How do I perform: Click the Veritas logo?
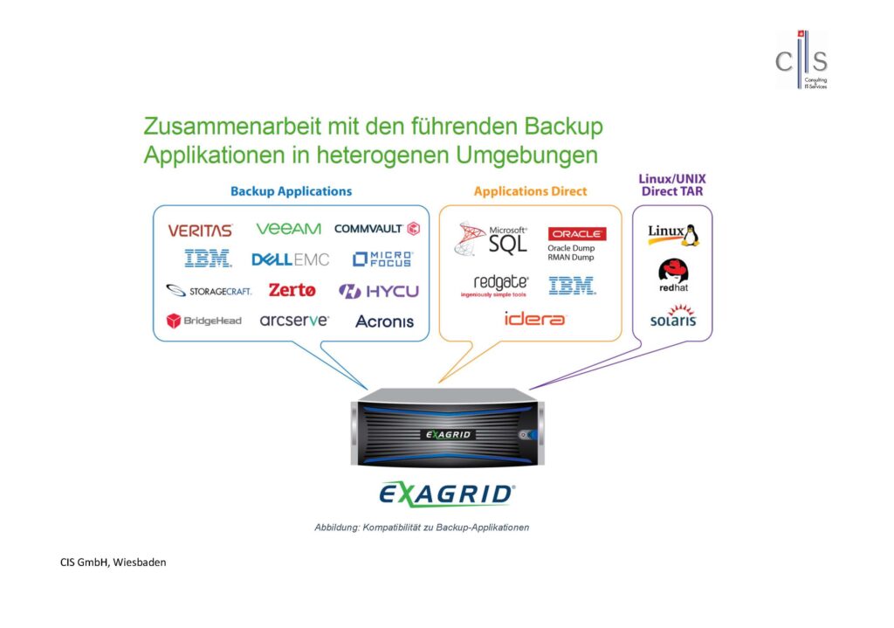coord(200,231)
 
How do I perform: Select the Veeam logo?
coord(288,229)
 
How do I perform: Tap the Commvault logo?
coord(377,229)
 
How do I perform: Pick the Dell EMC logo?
coord(291,259)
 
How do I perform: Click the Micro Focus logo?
coord(382,259)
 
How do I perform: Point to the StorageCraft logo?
coord(209,291)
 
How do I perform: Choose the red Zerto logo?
coord(292,290)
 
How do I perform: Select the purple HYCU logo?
coord(379,291)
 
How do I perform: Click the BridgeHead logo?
coord(203,321)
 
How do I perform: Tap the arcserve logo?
coord(294,321)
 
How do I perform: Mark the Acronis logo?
coord(384,321)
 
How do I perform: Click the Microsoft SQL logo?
coord(492,238)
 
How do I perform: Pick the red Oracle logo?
coord(576,234)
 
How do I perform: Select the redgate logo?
coord(500,283)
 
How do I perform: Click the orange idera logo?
coord(535,319)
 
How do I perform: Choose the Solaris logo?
coord(673,316)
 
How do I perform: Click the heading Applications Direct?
coord(530,191)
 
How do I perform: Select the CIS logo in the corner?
coord(802,60)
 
